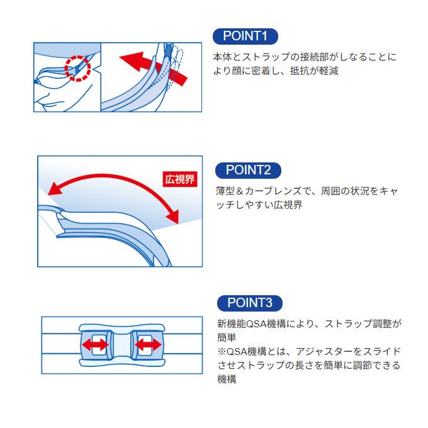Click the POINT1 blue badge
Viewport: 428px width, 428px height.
pyautogui.click(x=245, y=36)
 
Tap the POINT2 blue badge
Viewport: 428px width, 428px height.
pyautogui.click(x=248, y=171)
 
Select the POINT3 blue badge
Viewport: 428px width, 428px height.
pyautogui.click(x=250, y=303)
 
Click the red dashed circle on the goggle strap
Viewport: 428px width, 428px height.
pyautogui.click(x=78, y=68)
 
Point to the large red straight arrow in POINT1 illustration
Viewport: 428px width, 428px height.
pyautogui.click(x=154, y=69)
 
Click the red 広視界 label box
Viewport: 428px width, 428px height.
pyautogui.click(x=180, y=179)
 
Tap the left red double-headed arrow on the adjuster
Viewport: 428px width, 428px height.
pyautogui.click(x=95, y=345)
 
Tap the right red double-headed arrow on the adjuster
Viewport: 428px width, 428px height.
pyautogui.click(x=148, y=345)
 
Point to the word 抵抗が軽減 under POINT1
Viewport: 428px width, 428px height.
pyautogui.click(x=314, y=71)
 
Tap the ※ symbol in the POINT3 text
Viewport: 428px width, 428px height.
pyautogui.click(x=222, y=352)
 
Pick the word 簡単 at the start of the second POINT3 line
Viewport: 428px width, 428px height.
pyautogui.click(x=227, y=337)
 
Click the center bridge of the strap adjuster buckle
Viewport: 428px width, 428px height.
pyautogui.click(x=121, y=345)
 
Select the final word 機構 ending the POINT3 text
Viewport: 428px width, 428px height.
pyautogui.click(x=227, y=379)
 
